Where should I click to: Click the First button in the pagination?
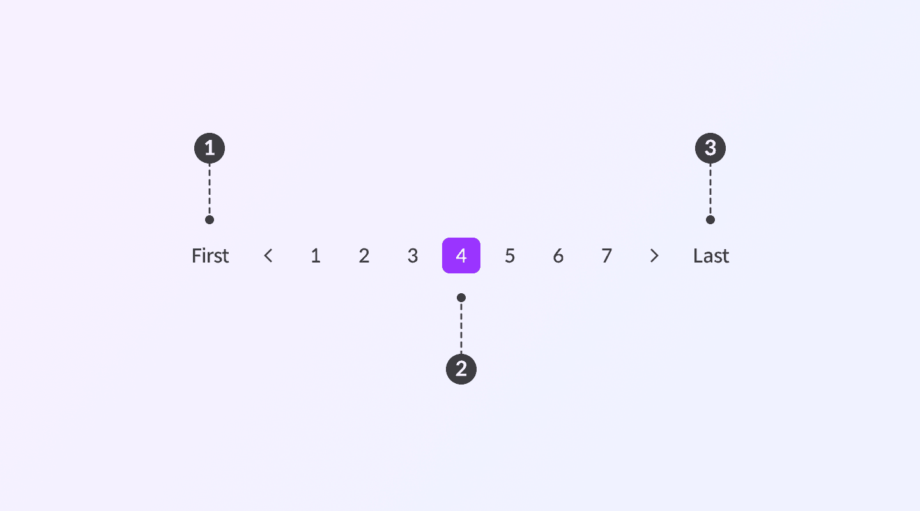coord(210,256)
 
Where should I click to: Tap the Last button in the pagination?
coord(711,256)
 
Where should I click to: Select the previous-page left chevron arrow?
coord(268,256)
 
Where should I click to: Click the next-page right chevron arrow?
coord(654,256)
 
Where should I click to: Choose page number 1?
coord(316,256)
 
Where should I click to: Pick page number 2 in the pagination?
coord(364,256)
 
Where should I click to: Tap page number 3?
coord(413,256)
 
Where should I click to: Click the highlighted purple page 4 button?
coord(461,256)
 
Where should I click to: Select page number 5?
coord(510,256)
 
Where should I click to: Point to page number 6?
coord(558,256)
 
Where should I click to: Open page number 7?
coord(607,256)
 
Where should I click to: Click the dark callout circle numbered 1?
coord(210,149)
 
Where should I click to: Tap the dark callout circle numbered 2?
coord(461,369)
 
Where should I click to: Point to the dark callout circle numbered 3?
coord(710,149)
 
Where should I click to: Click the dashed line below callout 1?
coord(210,190)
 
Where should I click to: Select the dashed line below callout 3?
coord(710,190)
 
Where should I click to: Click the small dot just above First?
coord(210,220)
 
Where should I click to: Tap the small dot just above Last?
coord(710,220)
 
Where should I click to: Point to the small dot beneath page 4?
coord(461,298)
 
